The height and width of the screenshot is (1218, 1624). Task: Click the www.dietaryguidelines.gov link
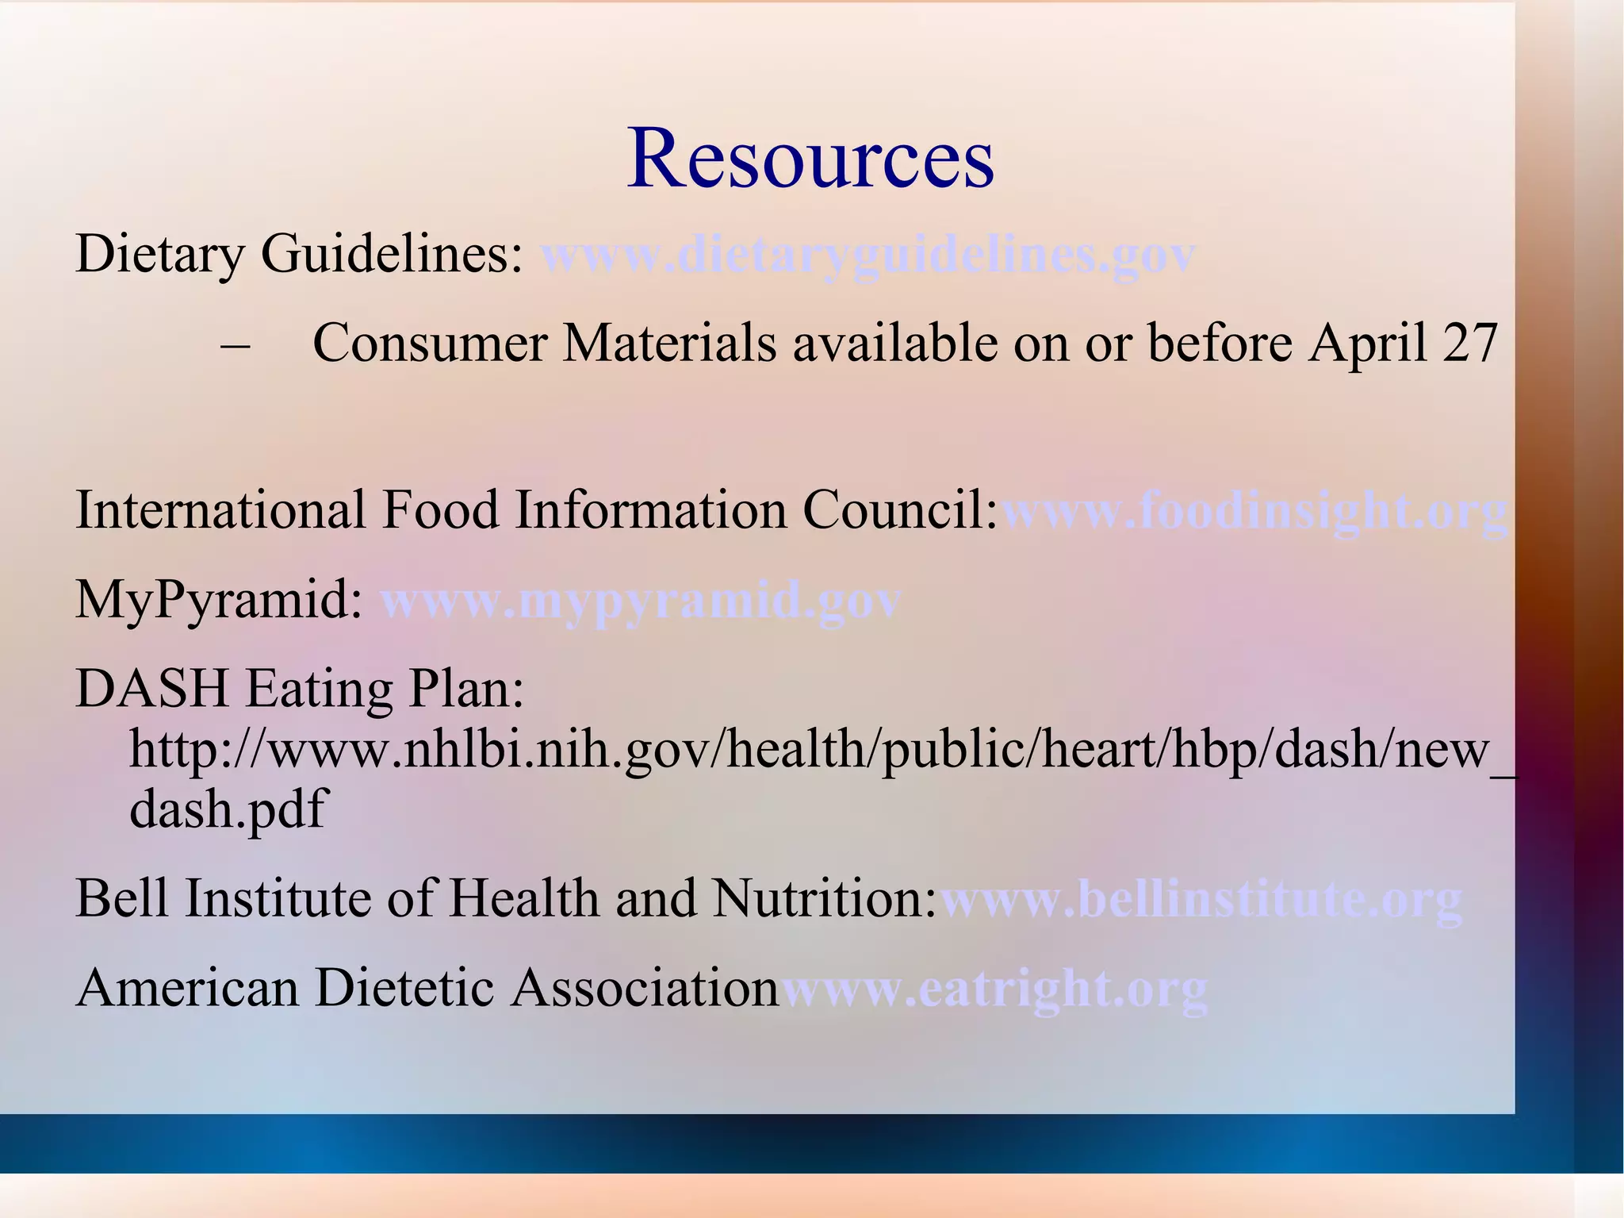pos(868,256)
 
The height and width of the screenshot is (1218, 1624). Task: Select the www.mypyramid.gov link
pos(641,601)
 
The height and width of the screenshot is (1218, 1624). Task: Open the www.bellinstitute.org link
pos(1201,900)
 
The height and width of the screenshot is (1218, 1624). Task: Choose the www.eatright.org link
pos(994,989)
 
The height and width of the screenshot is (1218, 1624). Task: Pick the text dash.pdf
pos(228,810)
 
